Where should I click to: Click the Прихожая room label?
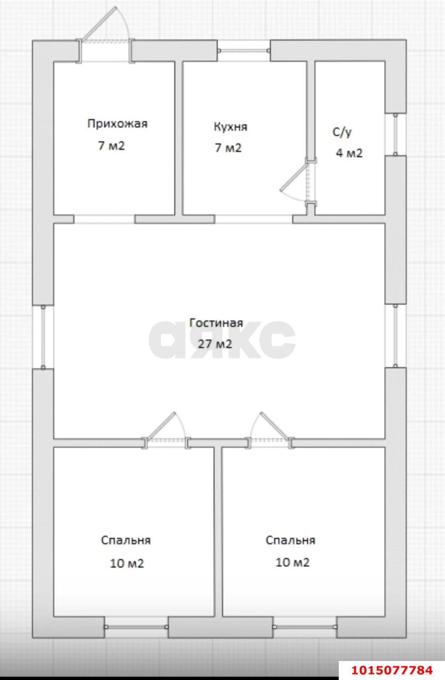point(117,124)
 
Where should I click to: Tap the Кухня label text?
point(230,127)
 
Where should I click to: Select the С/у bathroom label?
point(342,132)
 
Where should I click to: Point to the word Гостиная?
point(216,323)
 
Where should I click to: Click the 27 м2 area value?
point(215,344)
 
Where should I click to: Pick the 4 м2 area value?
point(349,154)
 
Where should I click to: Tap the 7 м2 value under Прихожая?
point(111,146)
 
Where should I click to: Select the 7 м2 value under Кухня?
point(228,148)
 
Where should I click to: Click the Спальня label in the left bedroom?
point(125,540)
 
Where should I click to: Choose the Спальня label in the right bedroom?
point(290,540)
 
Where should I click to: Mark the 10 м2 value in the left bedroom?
point(127,563)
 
